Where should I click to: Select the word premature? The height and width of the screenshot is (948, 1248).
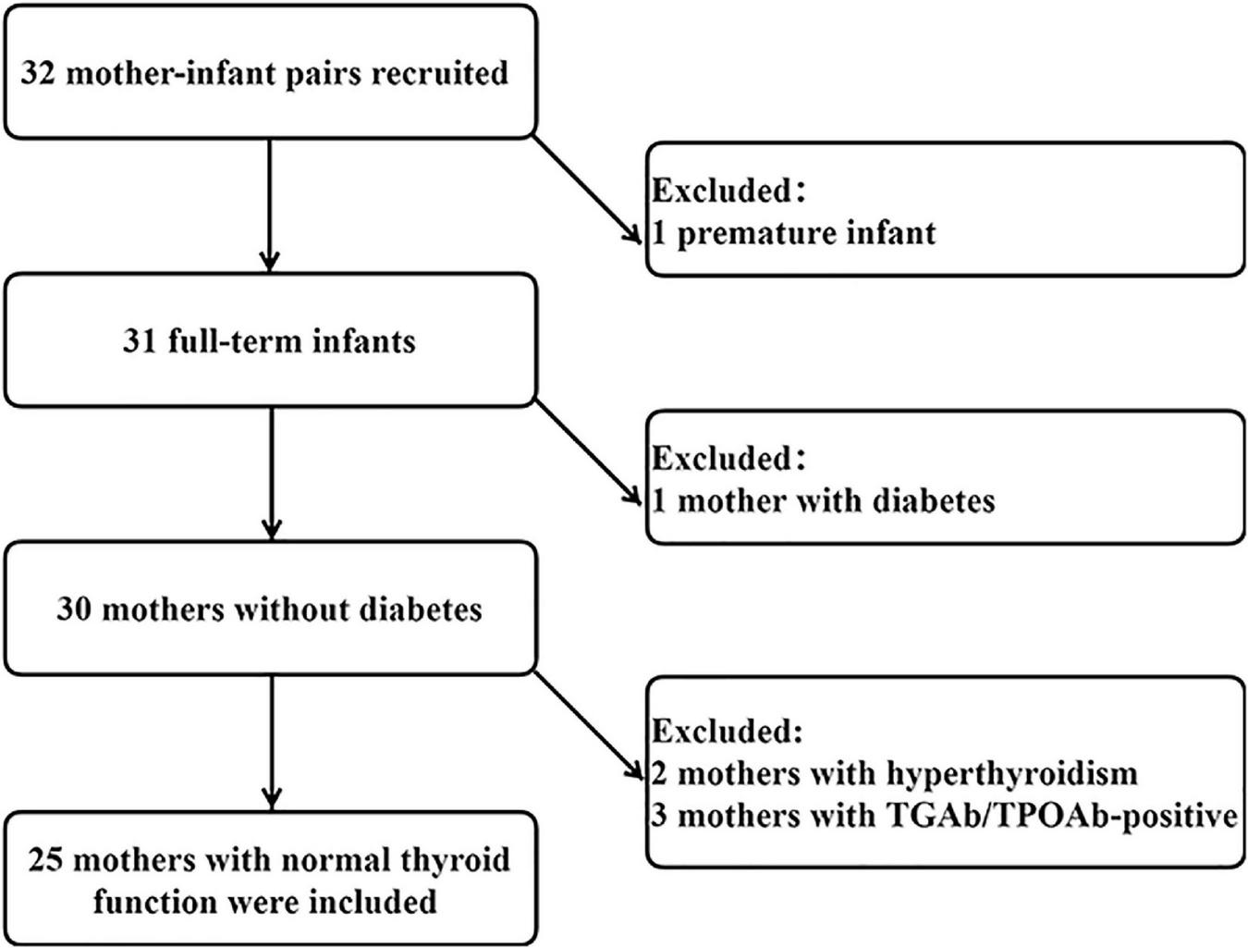tap(743, 232)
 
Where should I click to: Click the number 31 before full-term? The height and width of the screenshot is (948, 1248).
tap(141, 341)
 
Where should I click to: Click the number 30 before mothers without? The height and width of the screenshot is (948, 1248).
tap(74, 609)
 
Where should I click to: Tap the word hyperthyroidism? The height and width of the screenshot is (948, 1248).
tap(1011, 772)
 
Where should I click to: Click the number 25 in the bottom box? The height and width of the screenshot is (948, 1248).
tap(45, 859)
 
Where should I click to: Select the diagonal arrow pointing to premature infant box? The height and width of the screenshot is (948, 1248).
tap(588, 189)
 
